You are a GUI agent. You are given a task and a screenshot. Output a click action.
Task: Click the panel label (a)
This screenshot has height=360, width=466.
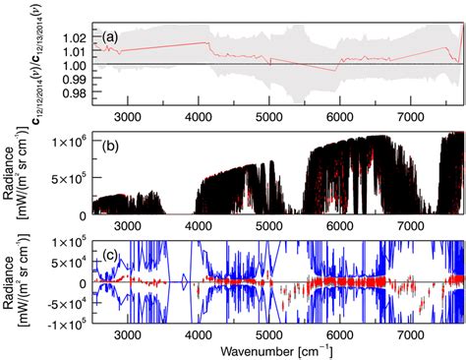click(111, 37)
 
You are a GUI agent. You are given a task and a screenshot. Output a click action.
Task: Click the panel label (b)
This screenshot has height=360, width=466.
click(111, 147)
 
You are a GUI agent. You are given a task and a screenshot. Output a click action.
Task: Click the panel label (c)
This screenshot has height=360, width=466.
click(111, 254)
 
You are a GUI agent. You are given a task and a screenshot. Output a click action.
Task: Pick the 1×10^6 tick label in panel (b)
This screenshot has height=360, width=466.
click(71, 141)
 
